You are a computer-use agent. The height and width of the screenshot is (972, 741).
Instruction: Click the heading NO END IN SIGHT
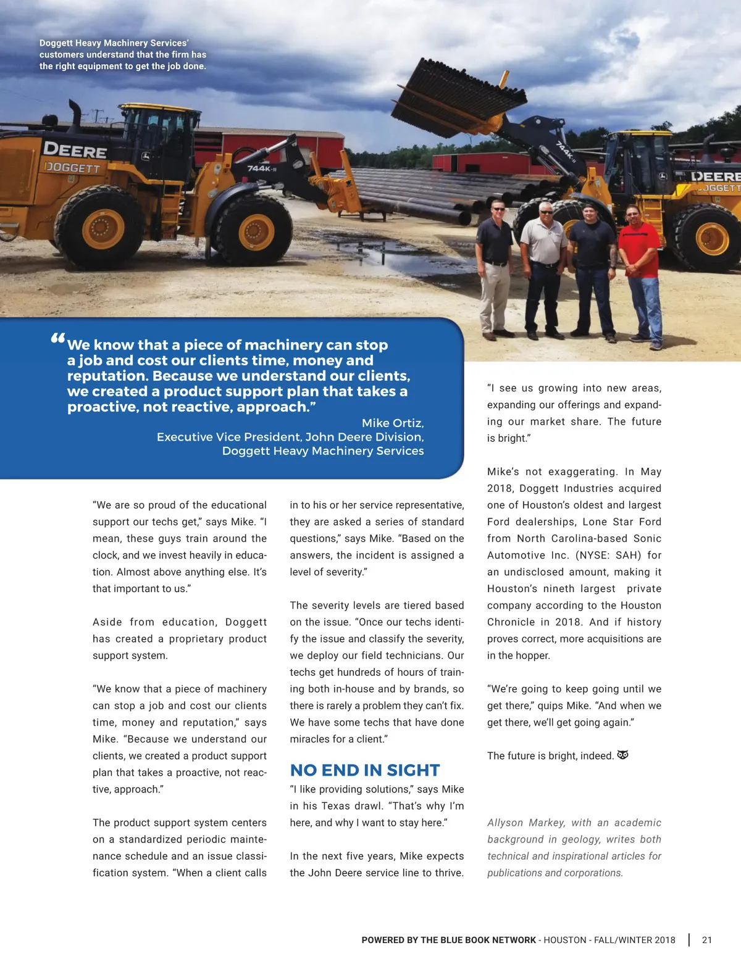pos(364,770)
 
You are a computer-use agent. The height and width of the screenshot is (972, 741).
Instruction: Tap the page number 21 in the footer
pos(707,940)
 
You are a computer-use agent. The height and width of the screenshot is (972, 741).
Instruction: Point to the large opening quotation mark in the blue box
pos(57,339)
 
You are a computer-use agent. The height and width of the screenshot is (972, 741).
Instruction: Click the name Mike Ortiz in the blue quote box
pos(392,423)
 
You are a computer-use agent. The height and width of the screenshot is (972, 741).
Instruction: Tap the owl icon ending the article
pos(622,755)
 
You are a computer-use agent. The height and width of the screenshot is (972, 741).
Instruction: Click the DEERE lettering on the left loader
pos(74,149)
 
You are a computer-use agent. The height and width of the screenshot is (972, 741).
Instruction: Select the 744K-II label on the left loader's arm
pos(262,168)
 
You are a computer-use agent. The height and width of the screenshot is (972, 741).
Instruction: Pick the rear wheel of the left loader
pos(101,228)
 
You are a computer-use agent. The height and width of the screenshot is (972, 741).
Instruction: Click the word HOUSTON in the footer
pos(564,940)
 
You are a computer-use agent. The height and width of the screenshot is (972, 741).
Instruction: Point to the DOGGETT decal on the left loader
pos(72,167)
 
